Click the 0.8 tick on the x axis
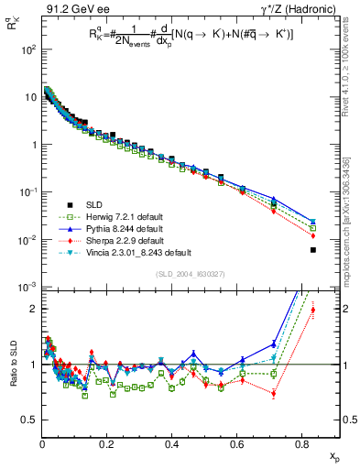302,443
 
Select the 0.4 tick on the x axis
172,443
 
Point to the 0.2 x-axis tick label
107,443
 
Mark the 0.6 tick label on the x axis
237,443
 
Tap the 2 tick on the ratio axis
33,309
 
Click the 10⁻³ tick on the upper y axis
27,287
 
